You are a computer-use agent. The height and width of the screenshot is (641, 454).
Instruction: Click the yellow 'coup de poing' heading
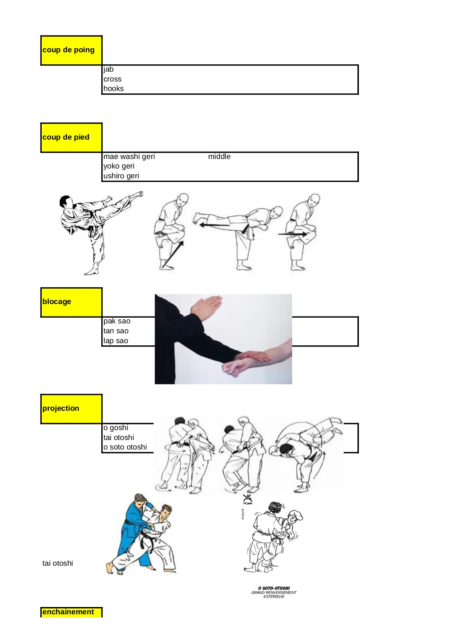68,50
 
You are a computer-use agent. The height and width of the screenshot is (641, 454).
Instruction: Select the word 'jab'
109,69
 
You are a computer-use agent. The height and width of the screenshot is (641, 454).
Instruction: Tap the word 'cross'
112,79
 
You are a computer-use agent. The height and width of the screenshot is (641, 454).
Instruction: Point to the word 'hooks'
113,88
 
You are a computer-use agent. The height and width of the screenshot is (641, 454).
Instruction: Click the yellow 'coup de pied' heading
66,137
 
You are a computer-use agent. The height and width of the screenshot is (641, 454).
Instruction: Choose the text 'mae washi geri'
129,156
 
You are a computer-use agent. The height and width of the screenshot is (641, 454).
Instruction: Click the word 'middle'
219,156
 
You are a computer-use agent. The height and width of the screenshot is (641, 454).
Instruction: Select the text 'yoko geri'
119,166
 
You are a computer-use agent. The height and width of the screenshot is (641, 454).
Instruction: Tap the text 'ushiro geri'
121,176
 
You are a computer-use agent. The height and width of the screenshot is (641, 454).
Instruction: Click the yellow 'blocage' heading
57,301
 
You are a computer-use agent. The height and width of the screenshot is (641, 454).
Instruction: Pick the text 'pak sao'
117,321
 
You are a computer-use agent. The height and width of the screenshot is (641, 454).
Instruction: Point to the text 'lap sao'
116,341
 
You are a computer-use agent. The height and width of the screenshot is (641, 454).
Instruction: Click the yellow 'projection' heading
61,408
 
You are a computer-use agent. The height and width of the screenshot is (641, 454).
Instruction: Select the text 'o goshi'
116,428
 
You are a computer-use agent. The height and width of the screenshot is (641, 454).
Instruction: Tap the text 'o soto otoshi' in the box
125,447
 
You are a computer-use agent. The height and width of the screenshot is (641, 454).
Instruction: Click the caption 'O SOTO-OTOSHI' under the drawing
274,588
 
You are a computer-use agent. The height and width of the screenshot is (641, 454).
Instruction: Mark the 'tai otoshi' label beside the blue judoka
57,563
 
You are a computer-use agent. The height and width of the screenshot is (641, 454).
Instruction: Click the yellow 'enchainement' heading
68,612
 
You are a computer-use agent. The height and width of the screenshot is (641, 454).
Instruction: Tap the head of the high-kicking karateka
66,202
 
